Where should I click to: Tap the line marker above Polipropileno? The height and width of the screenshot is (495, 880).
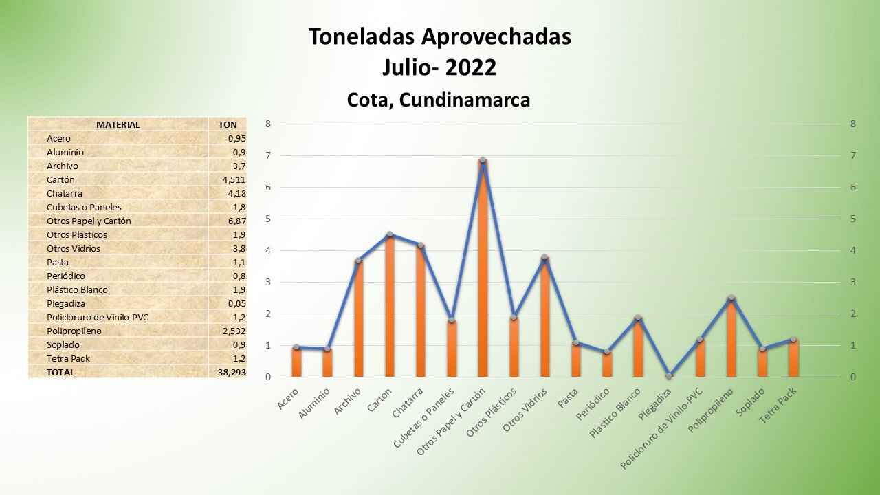[x=731, y=298]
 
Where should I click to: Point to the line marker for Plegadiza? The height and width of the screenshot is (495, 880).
[x=670, y=375]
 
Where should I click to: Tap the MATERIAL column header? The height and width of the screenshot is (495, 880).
[x=118, y=124]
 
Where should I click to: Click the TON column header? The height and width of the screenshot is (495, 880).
[x=228, y=124]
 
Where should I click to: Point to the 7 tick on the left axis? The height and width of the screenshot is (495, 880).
[x=268, y=156]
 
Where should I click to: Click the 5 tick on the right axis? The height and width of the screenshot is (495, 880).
[x=852, y=219]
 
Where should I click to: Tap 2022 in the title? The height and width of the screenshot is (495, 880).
[x=470, y=68]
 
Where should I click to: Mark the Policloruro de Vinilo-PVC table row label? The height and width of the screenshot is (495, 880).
[x=98, y=317]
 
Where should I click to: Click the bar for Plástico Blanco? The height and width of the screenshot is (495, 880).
[x=638, y=347]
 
